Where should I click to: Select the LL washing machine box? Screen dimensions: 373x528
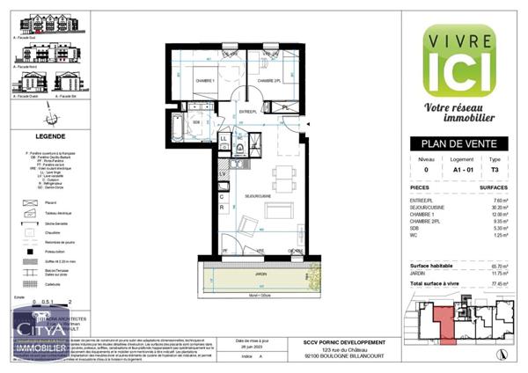[223, 139]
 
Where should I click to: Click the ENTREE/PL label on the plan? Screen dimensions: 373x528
[247, 112]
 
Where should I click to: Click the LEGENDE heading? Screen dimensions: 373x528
[49, 137]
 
